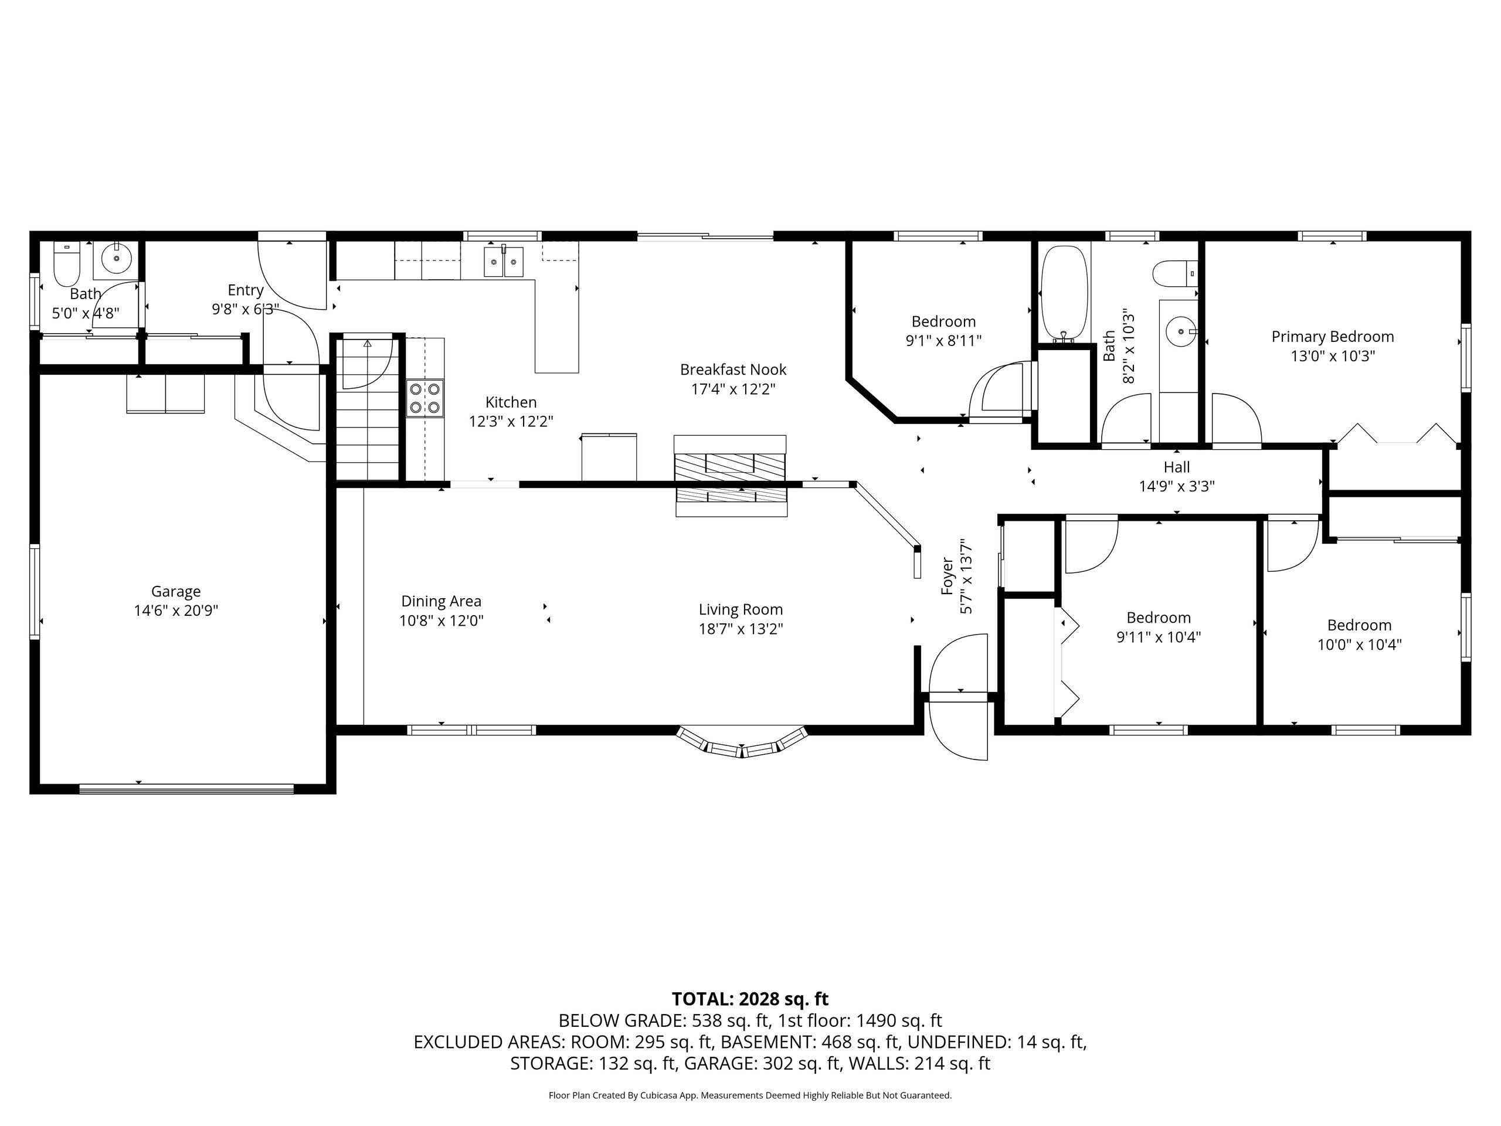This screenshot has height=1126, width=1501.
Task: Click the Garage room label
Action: coord(176,592)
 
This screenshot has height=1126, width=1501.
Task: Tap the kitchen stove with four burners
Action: coord(425,398)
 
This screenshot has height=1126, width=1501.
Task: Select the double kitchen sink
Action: coord(504,262)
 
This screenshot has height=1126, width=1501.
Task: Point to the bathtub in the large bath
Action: coord(1065,293)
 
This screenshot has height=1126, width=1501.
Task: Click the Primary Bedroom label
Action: coord(1333,337)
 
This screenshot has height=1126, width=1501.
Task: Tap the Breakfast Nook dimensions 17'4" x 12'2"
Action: coord(733,389)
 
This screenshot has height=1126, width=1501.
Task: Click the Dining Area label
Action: coord(441,601)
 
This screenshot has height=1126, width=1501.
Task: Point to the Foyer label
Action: coord(948,577)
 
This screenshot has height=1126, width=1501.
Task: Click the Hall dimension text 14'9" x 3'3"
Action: coord(1177,487)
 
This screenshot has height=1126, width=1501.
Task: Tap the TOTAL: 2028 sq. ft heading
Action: coord(750,999)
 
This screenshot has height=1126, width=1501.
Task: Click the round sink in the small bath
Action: coord(117,259)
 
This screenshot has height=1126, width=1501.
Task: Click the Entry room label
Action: coord(246,290)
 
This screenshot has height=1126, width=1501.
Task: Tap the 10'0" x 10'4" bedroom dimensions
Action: coord(1359,645)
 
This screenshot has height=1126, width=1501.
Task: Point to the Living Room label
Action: coord(741,610)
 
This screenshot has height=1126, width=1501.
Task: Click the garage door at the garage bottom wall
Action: coord(186,789)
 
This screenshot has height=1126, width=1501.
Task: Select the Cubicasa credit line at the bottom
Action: coord(750,1096)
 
